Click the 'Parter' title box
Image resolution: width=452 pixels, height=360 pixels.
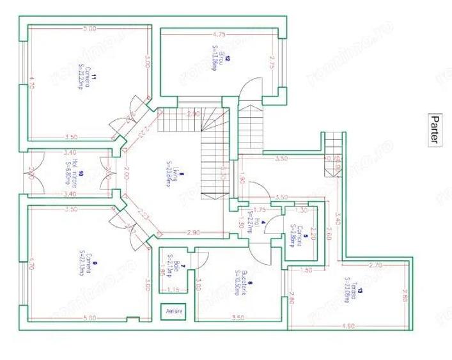coord(434,129)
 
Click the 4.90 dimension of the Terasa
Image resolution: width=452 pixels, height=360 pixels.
coord(348,325)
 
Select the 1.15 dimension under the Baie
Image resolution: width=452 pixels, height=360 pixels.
coord(171,290)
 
